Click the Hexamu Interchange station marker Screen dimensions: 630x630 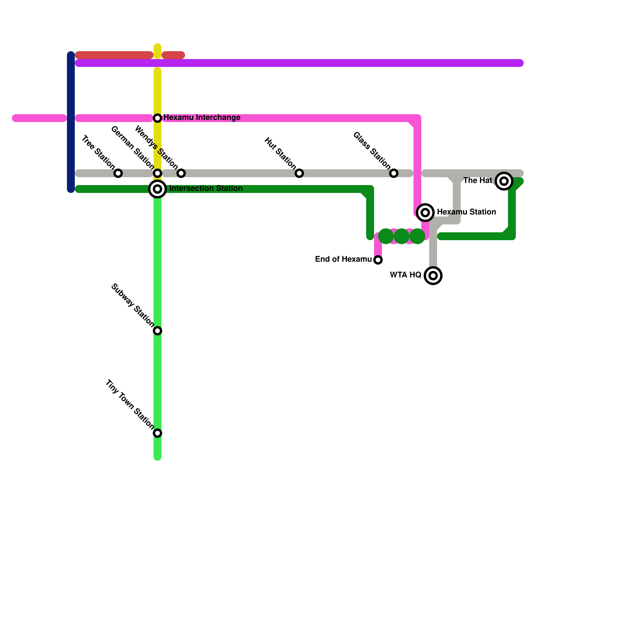157,118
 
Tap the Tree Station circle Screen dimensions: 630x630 118,173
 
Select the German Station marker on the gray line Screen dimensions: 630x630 157,173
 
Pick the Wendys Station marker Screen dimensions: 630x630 181,173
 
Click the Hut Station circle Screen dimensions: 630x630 299,173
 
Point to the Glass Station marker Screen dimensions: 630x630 394,173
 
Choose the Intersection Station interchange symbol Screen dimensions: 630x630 157,189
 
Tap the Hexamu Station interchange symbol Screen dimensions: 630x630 425,213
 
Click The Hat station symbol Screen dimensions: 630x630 504,181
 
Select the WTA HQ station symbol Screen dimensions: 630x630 433,276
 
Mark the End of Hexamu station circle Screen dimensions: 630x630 378,260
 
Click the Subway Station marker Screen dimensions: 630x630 157,331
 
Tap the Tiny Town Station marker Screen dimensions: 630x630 157,433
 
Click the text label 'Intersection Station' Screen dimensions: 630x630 206,189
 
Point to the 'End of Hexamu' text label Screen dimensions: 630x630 343,259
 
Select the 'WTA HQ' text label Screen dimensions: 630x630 406,275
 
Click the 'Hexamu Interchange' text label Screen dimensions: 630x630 202,118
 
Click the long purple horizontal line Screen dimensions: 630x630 299,63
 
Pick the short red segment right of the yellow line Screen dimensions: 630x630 173,55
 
